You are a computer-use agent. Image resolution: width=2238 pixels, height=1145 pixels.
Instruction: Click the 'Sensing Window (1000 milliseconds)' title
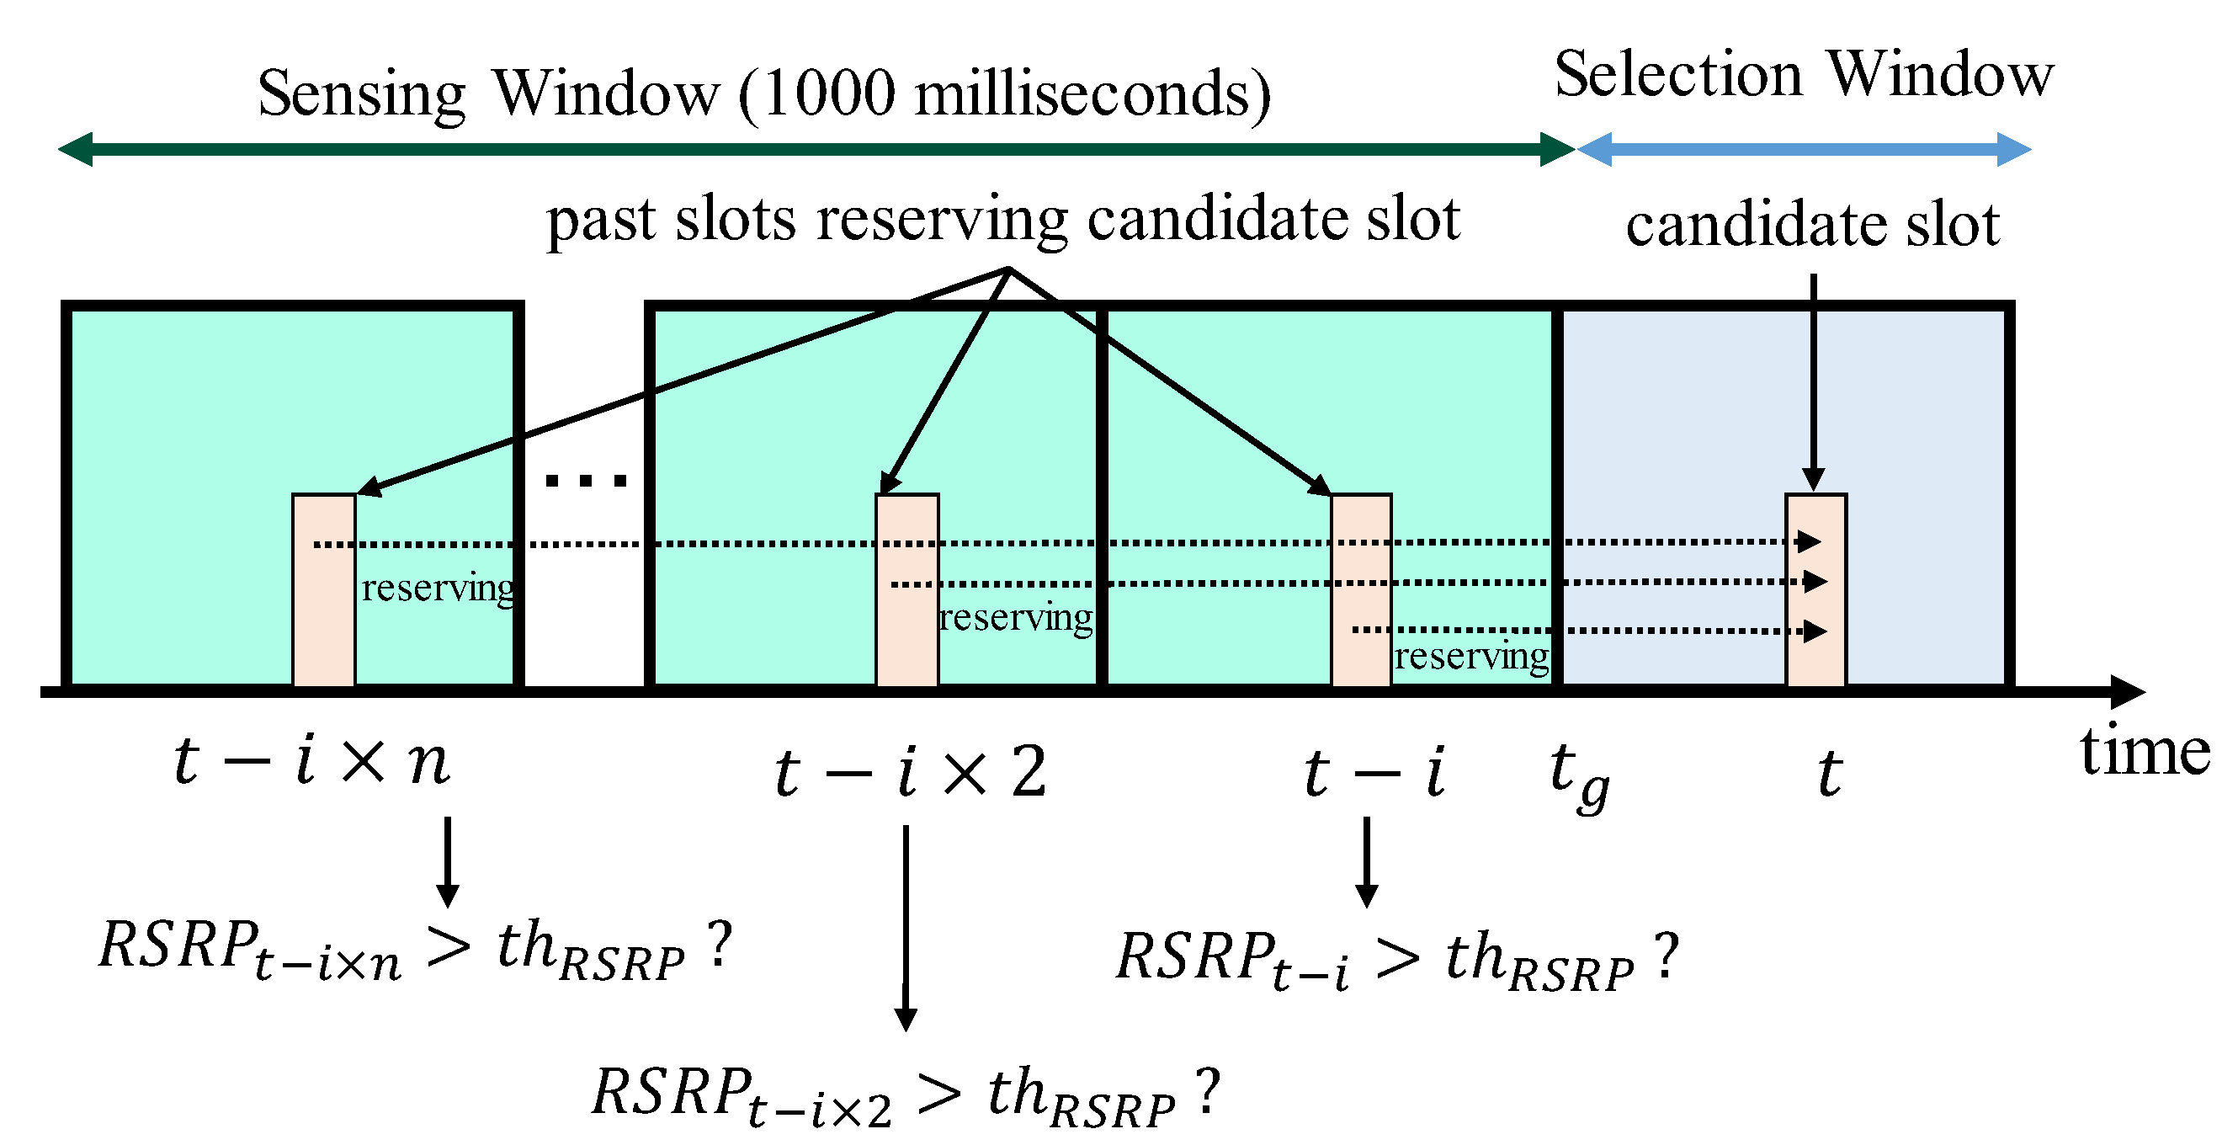[763, 93]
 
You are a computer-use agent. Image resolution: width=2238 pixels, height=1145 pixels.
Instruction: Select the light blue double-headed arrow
[1803, 149]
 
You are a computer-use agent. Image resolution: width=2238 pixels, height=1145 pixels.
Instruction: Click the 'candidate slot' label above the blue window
[1811, 224]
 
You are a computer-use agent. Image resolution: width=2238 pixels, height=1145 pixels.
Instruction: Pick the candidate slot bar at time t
[1815, 591]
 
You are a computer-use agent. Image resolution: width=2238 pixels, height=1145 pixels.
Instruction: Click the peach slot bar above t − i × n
[323, 591]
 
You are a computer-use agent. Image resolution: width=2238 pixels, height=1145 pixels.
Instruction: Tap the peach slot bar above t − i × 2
[906, 591]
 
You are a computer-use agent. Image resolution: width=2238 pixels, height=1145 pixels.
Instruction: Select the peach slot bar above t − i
[1360, 591]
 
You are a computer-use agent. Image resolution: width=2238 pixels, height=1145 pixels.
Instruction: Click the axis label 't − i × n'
[311, 761]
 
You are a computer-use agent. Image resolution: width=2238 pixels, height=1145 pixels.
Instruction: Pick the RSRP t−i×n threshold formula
[415, 948]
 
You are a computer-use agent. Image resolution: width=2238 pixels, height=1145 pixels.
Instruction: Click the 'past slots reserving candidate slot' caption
[1002, 219]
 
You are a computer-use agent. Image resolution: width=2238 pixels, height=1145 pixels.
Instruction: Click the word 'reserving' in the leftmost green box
[437, 589]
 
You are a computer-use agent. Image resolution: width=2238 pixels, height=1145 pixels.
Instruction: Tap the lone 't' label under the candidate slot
[1829, 773]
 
